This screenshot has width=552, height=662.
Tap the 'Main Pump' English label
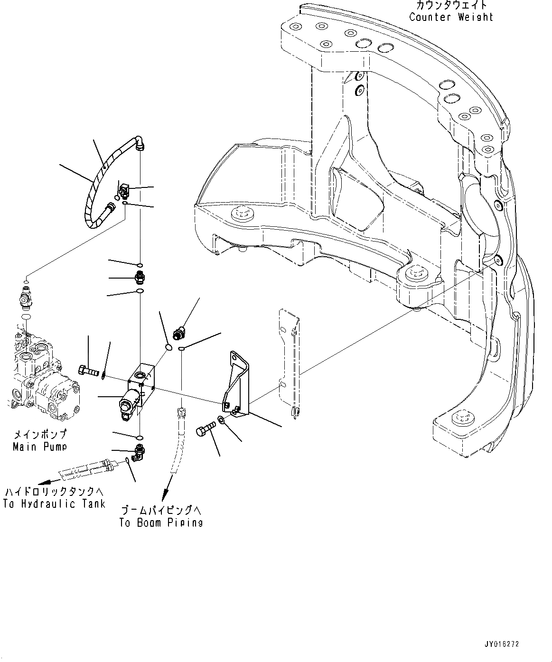tap(39, 447)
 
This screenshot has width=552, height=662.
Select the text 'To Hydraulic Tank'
tap(54, 504)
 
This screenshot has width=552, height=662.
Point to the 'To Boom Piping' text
tap(161, 522)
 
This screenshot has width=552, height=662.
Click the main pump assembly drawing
tap(40, 375)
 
